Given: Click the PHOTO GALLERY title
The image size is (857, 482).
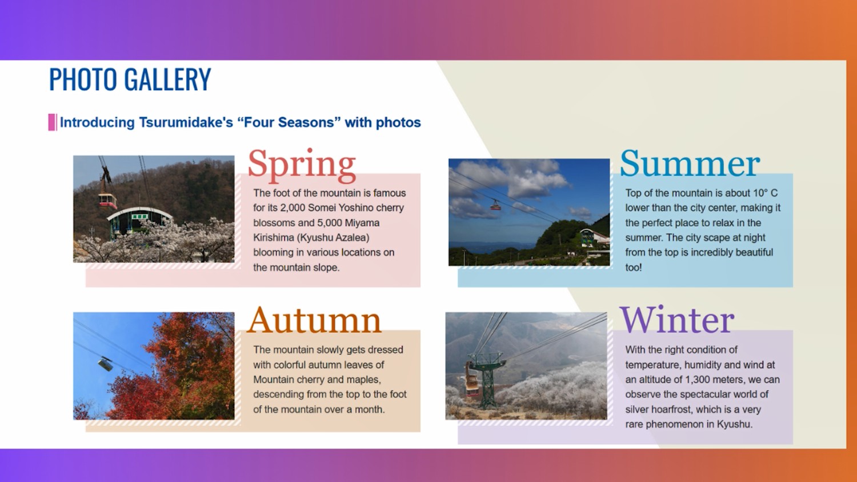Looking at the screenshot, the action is point(130,79).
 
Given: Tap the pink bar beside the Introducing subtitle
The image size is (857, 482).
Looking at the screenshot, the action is point(52,122).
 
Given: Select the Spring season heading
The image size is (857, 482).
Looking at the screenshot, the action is point(302,165).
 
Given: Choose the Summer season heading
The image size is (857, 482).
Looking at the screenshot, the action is point(690,164).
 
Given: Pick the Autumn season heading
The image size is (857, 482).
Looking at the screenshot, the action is point(314,320).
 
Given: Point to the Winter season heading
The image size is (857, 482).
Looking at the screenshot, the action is point(677,320).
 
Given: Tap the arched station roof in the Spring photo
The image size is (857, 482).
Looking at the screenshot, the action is point(139,213).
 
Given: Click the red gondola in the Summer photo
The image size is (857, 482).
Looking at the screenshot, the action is point(496,206).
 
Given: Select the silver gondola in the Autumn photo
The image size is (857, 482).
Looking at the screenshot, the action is point(105,364).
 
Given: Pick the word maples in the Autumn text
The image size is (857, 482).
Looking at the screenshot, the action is point(363,380).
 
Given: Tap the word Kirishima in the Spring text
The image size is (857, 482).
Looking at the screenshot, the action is point(274,238).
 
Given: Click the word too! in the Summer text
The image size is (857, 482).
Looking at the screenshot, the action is point(634,267).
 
